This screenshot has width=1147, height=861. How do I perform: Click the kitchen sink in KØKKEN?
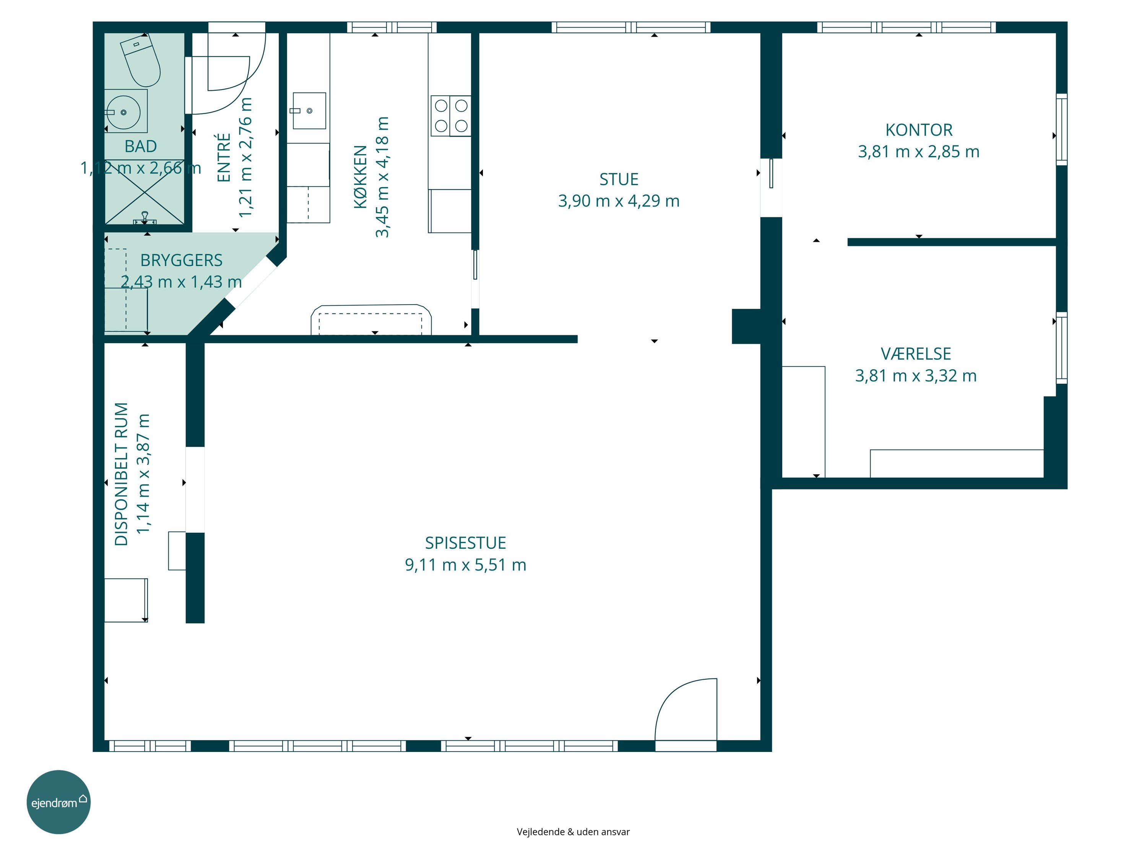coord(310,111)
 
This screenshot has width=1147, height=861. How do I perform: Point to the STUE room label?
coord(619,179)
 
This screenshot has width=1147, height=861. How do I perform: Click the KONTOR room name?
coord(919,130)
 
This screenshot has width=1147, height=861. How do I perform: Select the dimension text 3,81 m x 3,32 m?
coord(916,376)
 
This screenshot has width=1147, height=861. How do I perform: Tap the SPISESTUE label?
coord(466,543)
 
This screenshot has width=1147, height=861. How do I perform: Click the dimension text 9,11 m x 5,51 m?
coord(466,565)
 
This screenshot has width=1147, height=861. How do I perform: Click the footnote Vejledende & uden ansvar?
coord(573,832)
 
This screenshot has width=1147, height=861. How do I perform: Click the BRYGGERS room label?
coord(182,260)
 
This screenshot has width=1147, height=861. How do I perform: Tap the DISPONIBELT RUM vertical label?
coord(121,475)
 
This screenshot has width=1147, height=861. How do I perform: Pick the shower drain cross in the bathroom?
coord(145,192)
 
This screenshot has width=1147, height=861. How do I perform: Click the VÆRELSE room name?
coord(916,354)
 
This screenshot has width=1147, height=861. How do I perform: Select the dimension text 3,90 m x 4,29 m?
coord(619,201)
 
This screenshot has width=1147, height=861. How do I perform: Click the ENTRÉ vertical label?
coord(224,157)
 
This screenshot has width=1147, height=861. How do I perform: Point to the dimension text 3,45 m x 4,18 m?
coord(382,177)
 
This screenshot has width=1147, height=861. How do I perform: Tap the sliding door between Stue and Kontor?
coord(771,173)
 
